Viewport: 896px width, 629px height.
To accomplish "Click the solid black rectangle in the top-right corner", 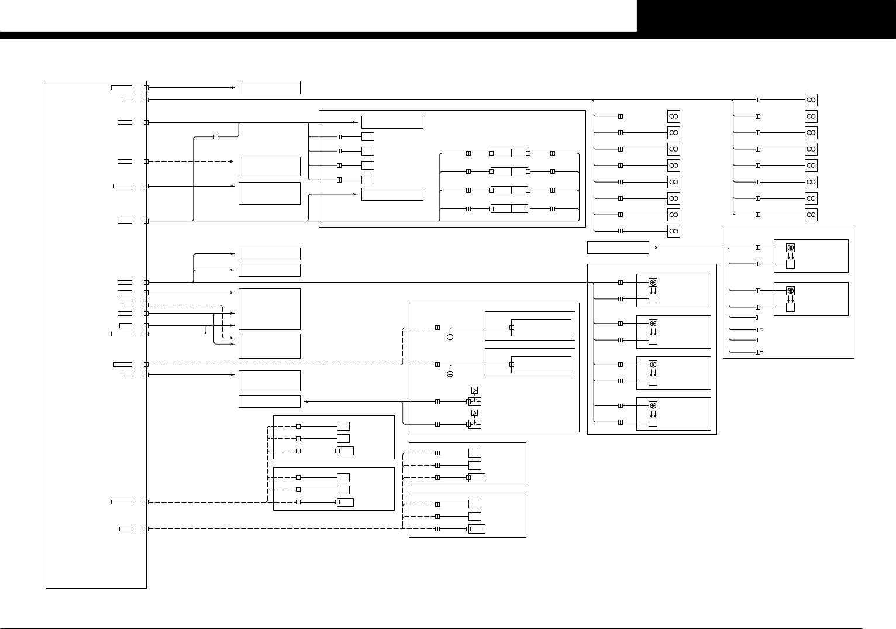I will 766,16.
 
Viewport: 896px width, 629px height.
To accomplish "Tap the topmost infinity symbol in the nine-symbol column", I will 674,116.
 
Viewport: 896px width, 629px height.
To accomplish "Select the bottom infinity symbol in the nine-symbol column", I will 674,231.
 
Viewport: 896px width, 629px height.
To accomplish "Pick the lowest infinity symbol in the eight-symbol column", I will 811,215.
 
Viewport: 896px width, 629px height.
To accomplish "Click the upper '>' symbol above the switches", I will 474,390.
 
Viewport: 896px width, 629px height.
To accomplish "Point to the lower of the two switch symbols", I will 475,424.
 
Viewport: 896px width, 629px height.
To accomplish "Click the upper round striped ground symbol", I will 450,337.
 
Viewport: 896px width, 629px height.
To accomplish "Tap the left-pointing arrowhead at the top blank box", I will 233,88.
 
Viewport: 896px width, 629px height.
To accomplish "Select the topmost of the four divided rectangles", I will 509,153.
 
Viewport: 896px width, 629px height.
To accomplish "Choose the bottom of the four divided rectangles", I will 509,209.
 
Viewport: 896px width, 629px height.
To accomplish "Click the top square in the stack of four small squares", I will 367,137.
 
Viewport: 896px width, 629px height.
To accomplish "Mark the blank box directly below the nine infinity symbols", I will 618,248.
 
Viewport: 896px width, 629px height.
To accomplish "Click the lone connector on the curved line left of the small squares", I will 216,137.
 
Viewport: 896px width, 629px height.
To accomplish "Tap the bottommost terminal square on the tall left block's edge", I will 146,529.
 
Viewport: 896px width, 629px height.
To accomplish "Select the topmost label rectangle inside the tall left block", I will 122,88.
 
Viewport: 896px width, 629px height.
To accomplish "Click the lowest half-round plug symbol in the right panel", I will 759,352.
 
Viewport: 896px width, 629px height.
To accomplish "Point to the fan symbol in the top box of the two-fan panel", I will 790,248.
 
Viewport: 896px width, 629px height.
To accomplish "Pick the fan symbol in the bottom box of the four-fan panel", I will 653,405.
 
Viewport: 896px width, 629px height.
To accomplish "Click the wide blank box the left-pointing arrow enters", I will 269,401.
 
